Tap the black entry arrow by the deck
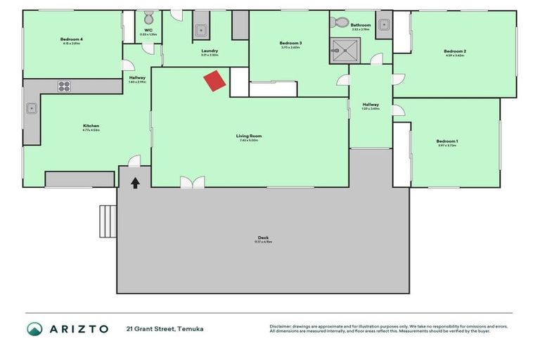click(x=135, y=183)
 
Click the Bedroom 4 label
click(x=71, y=39)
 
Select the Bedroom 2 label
click(x=455, y=51)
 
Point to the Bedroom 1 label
click(x=447, y=141)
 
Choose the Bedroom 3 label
click(x=290, y=44)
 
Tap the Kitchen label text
click(x=91, y=127)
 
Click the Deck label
click(x=263, y=238)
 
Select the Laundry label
click(x=209, y=51)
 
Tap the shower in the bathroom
click(x=345, y=51)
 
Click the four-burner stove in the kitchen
click(x=64, y=86)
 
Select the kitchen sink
click(x=32, y=109)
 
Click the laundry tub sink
click(x=200, y=30)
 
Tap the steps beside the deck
click(x=108, y=221)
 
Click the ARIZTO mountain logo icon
click(x=34, y=329)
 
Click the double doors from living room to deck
click(x=192, y=182)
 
